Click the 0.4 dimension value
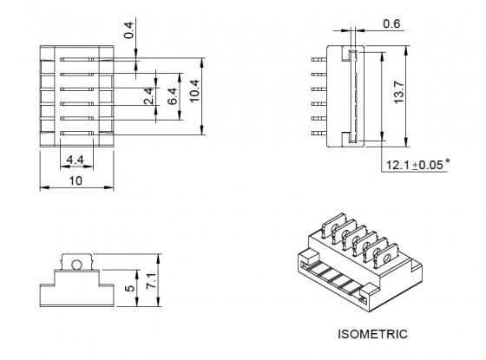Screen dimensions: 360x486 (x=129, y=31)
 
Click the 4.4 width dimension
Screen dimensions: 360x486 (x=75, y=160)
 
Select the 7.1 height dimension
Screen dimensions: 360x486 (x=153, y=280)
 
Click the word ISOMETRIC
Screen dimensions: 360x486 (x=372, y=333)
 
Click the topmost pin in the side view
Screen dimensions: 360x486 (x=318, y=58)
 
